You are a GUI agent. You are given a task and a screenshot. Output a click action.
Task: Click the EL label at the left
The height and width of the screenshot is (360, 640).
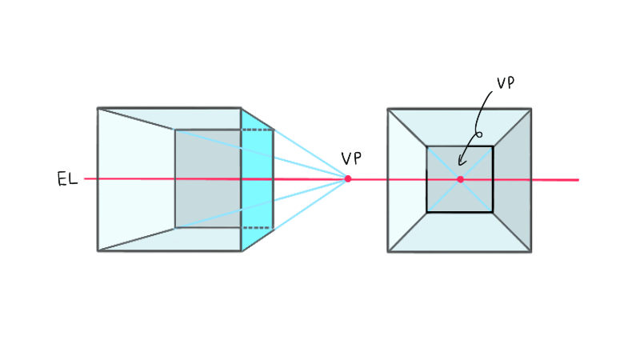pyautogui.click(x=67, y=178)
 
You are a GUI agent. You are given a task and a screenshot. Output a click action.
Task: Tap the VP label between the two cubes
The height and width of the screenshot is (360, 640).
pyautogui.click(x=351, y=158)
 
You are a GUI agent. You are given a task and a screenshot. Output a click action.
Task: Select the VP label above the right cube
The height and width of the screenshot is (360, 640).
pyautogui.click(x=506, y=83)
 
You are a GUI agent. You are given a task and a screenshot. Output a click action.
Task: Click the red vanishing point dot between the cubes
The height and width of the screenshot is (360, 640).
pyautogui.click(x=348, y=178)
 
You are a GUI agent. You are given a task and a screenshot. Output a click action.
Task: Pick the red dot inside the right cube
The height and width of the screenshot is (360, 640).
pyautogui.click(x=461, y=179)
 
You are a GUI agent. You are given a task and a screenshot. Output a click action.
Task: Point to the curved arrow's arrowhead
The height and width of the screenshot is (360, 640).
pyautogui.click(x=461, y=162)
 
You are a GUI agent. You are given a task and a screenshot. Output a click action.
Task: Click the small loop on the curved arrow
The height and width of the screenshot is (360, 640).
pyautogui.click(x=479, y=134)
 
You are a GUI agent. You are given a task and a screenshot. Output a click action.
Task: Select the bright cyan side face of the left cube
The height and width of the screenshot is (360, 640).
pyautogui.click(x=257, y=179)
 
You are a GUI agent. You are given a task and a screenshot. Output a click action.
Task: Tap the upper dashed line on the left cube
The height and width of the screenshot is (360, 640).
pyautogui.click(x=257, y=130)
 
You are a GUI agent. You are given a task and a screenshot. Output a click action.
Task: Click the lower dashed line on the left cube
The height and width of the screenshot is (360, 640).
pyautogui.click(x=257, y=228)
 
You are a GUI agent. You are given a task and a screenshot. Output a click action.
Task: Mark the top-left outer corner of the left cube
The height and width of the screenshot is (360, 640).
pyautogui.click(x=98, y=108)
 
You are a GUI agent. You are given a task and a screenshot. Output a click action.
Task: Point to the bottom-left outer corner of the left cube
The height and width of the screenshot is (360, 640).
pyautogui.click(x=98, y=250)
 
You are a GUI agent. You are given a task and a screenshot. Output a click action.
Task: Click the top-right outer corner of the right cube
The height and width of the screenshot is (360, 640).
pyautogui.click(x=531, y=109)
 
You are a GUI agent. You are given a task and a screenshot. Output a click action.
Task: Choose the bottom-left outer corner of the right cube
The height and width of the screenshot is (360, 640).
pyautogui.click(x=388, y=251)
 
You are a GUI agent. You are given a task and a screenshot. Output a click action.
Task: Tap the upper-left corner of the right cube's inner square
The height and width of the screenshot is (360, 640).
pyautogui.click(x=427, y=146)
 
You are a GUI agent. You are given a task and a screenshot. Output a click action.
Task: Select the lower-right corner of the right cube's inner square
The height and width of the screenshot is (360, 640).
pyautogui.click(x=493, y=212)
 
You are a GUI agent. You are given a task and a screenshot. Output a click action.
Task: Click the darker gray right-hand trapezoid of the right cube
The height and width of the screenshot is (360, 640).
pyautogui.click(x=512, y=179)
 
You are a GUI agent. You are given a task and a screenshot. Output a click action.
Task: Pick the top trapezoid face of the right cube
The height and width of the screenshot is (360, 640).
pyautogui.click(x=459, y=127)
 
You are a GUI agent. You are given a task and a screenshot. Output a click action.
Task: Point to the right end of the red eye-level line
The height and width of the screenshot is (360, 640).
pyautogui.click(x=578, y=179)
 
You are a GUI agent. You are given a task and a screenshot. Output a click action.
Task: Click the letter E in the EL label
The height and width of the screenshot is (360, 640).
pyautogui.click(x=62, y=179)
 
